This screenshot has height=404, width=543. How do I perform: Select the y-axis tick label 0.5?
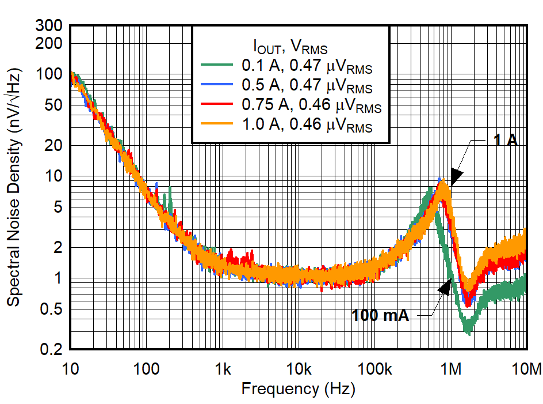click(x=54, y=309)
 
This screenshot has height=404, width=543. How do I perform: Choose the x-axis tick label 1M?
click(x=452, y=369)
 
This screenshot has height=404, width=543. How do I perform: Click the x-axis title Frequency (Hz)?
click(x=298, y=389)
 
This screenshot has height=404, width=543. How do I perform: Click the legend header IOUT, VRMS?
click(x=290, y=46)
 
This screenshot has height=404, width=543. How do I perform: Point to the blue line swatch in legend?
click(x=216, y=85)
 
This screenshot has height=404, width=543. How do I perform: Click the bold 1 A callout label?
click(x=506, y=139)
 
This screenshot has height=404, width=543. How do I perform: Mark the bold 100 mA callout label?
click(x=380, y=315)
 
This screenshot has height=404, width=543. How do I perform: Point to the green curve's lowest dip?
click(x=468, y=330)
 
